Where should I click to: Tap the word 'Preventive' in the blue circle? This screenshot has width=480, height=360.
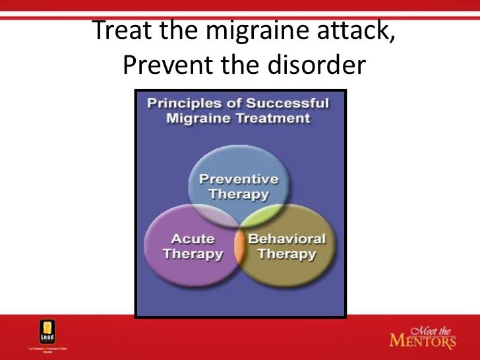coord(239,179)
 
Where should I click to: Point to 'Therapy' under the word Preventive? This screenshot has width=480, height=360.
coord(239,195)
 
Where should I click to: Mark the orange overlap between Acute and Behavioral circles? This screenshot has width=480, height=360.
coord(239,247)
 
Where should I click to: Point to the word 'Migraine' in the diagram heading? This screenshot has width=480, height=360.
coord(193,119)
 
